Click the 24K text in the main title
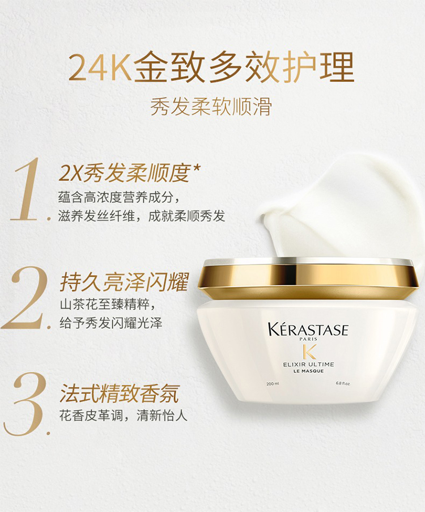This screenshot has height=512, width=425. pos(100,68)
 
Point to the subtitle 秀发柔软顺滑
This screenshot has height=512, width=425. pos(211,106)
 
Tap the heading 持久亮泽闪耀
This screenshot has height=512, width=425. pos(124,281)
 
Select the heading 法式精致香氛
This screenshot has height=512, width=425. pos(120,393)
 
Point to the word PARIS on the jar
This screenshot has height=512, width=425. pos(308,339)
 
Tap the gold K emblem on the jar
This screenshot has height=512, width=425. pos(309,352)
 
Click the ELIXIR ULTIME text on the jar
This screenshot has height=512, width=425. pos(308,364)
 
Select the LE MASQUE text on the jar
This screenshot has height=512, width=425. pos(308,371)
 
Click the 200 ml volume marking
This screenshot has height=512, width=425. pos(273,383)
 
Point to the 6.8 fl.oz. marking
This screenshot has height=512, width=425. pos(343,383)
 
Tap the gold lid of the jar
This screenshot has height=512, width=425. pos(308,278)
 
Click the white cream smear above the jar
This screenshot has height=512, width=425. pos(339,209)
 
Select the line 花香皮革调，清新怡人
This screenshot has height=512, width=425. pos(124,416)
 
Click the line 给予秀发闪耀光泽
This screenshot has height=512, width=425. pos(111,323)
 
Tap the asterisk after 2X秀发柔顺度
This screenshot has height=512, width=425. pos(196,168)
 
